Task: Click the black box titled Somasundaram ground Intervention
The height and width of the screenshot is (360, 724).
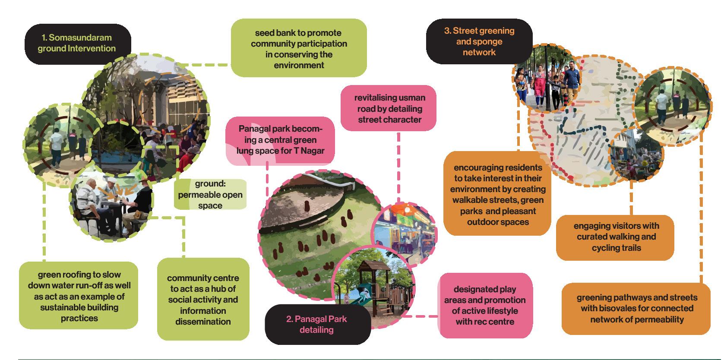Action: [77, 43]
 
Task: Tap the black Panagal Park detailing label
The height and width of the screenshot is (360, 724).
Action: [317, 325]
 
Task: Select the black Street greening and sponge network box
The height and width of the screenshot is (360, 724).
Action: [479, 41]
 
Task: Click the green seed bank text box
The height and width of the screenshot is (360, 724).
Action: [299, 49]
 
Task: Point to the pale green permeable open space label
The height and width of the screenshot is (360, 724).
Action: [210, 195]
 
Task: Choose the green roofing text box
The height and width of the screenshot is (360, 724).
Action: [79, 296]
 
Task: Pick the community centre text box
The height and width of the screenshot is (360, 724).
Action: [203, 300]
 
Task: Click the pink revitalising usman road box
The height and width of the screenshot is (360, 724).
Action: [389, 109]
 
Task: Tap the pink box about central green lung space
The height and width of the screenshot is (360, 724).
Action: [280, 140]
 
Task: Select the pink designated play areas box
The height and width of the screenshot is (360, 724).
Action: [485, 305]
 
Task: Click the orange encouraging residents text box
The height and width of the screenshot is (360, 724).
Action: [497, 194]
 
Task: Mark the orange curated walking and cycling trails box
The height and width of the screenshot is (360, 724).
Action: [616, 237]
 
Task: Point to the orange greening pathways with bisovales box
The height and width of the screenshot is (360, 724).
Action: [637, 308]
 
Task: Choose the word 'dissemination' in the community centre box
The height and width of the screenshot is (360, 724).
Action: [203, 322]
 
